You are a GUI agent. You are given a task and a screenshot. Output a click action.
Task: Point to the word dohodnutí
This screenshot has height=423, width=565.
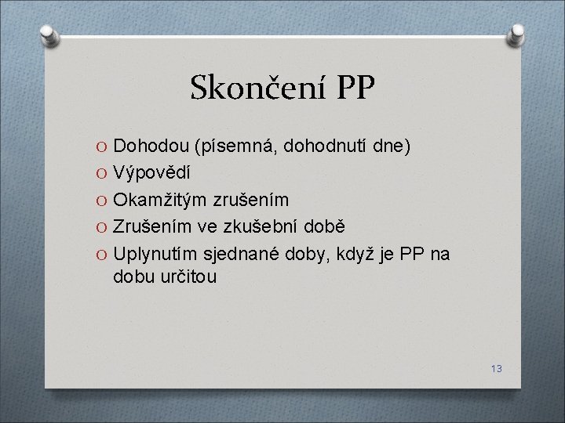[324, 146]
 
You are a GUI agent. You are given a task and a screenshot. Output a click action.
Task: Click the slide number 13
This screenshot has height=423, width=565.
[496, 368]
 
